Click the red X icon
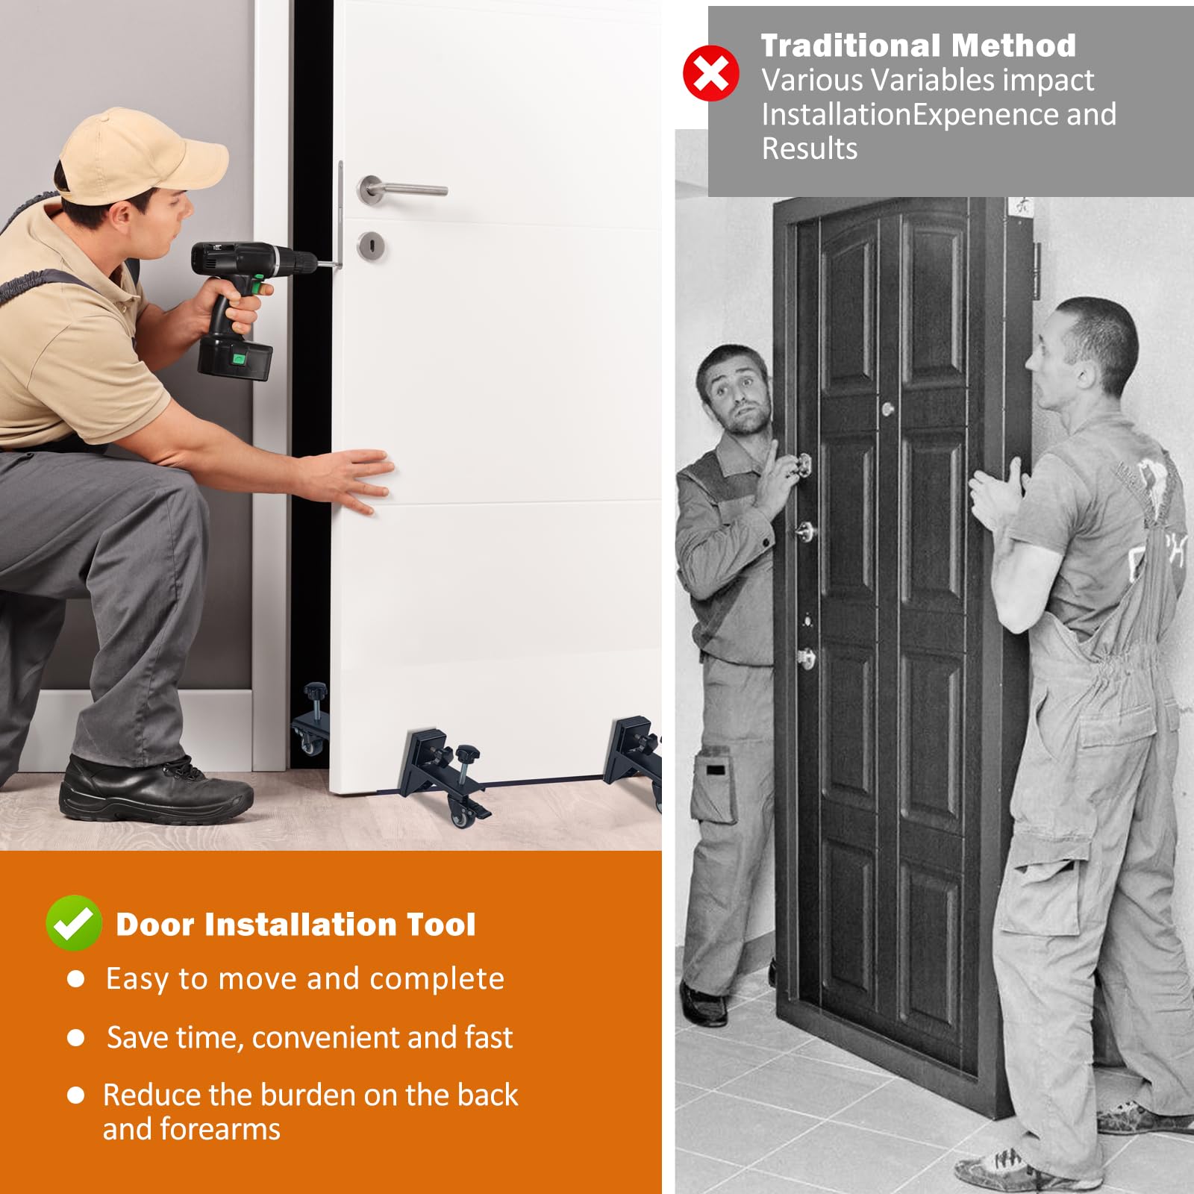(710, 72)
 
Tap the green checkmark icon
(74, 922)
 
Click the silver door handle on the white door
(401, 189)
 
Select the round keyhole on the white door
(371, 246)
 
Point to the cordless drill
(246, 302)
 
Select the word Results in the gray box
(810, 149)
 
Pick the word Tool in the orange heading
(440, 925)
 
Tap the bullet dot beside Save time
(75, 1037)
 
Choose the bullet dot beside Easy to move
(75, 978)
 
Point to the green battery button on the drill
(238, 359)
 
